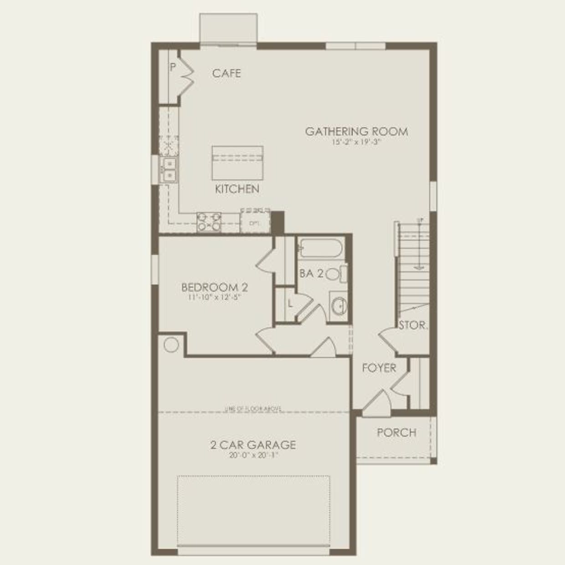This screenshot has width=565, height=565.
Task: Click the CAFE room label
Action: pos(226,73)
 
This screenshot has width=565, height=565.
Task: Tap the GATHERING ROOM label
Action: pos(356,132)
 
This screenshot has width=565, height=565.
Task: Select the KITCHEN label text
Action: pos(237,189)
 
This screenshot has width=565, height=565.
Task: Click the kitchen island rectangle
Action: pos(237,163)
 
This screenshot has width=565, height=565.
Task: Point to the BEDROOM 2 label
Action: pos(214,288)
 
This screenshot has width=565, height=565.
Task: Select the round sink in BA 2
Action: pos(339,306)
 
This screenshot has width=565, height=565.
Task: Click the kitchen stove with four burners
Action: pos(209,221)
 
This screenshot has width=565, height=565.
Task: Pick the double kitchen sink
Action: pos(169,169)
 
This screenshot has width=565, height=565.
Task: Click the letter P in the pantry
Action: pos(173,67)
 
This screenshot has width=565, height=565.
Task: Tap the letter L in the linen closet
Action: pos(290,303)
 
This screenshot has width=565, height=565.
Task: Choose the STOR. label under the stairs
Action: pos(413,325)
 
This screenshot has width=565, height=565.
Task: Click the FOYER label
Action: pos(379,368)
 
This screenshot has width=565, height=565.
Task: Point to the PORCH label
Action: pos(396,432)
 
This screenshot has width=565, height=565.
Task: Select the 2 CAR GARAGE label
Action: pos(253,445)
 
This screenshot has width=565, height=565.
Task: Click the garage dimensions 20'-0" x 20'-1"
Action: pos(253,455)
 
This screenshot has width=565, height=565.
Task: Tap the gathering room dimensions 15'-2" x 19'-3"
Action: pos(356,142)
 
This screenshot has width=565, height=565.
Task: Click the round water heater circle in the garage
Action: pos(171,344)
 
